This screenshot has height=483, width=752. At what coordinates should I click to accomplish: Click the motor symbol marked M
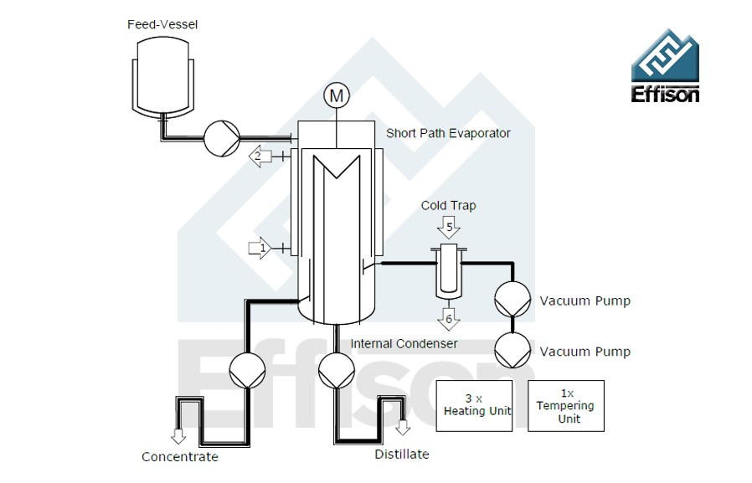click(337, 96)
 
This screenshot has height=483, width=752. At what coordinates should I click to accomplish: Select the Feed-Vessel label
click(162, 24)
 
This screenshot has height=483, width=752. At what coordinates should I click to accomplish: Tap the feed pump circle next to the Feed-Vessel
click(222, 137)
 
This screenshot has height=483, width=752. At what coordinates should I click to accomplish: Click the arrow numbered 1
click(260, 248)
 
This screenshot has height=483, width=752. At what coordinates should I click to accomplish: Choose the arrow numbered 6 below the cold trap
click(449, 317)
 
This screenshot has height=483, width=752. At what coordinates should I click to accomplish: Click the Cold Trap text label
click(448, 206)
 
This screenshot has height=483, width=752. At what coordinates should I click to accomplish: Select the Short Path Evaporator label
click(448, 133)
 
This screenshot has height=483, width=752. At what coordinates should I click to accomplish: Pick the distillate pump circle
click(337, 369)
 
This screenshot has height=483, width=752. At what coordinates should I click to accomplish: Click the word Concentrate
click(179, 457)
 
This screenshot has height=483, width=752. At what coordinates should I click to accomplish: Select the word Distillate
click(402, 455)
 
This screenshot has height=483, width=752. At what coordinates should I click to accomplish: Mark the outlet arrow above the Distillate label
click(403, 427)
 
